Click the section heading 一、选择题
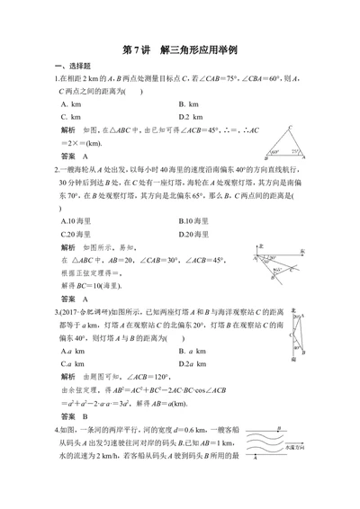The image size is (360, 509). pos(73,67)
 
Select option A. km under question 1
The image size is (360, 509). pos(71,104)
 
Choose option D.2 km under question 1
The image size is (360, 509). pos(194,116)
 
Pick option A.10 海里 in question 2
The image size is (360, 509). pos(78,219)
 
